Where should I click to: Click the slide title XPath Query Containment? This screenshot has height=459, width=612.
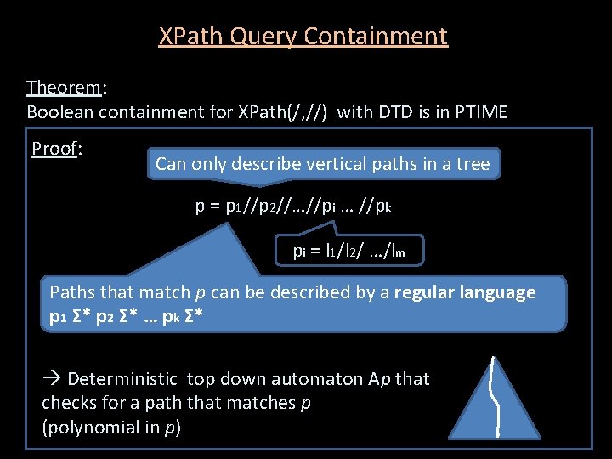303,37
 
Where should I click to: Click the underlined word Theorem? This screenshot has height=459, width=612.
64,88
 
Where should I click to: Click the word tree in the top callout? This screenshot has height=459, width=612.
473,164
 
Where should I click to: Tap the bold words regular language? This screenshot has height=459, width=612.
465,292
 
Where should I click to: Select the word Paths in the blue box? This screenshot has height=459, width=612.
73,292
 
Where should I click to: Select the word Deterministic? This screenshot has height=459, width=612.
122,379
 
